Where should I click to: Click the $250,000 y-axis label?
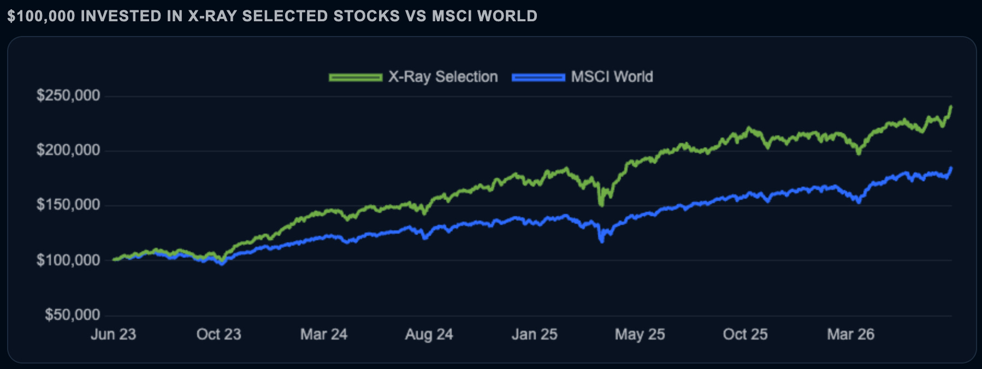click(x=68, y=96)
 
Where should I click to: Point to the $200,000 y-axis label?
click(x=68, y=150)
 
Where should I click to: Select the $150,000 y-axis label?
click(x=68, y=205)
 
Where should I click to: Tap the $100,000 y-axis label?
click(x=68, y=260)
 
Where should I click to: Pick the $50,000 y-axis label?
click(x=73, y=314)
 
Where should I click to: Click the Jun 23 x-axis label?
click(x=113, y=334)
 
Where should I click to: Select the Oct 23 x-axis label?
click(x=218, y=334)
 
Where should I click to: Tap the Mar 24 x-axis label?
click(x=324, y=334)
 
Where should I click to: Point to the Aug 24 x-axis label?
click(x=429, y=334)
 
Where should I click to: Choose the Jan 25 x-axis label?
click(x=535, y=334)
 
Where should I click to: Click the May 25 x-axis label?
click(x=640, y=334)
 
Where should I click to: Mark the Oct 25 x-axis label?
click(x=746, y=334)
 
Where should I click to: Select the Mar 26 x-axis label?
click(x=851, y=334)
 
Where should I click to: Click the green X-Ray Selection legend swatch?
click(x=356, y=78)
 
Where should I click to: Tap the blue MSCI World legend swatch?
click(x=539, y=78)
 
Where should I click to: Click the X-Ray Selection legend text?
click(x=443, y=77)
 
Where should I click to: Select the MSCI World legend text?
click(x=612, y=77)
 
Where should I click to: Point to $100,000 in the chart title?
click(x=41, y=16)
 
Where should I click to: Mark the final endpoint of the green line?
click(x=951, y=106)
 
